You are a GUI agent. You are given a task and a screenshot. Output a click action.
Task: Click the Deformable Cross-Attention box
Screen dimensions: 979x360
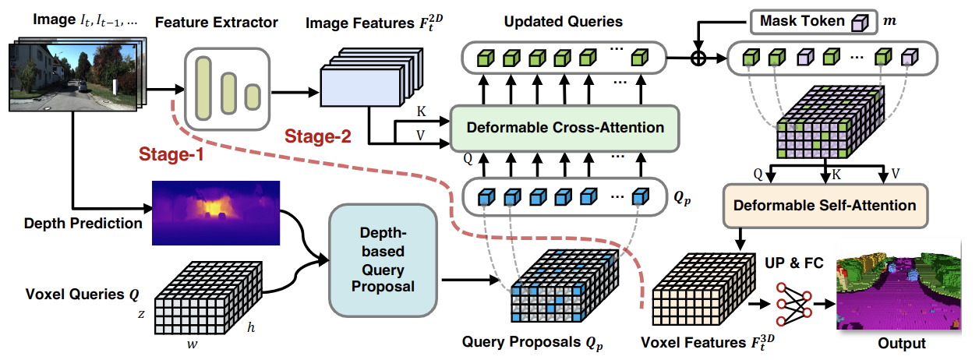[x=564, y=128]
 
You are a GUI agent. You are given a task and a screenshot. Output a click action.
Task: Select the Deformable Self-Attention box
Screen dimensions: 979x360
[x=825, y=206]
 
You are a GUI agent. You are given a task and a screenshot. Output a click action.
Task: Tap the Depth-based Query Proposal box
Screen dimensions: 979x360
[x=383, y=260]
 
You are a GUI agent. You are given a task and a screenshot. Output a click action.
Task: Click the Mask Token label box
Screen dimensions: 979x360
[x=814, y=21]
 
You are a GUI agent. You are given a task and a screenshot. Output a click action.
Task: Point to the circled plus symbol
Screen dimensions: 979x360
[x=698, y=58]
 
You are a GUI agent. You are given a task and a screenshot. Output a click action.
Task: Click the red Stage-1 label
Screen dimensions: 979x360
[x=171, y=154]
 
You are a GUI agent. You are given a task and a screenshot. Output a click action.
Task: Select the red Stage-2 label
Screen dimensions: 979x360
[x=318, y=136]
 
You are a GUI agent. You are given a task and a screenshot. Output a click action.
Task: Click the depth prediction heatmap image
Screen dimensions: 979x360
[x=216, y=213]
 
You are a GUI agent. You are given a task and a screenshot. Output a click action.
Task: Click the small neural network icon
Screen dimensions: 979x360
[x=793, y=304]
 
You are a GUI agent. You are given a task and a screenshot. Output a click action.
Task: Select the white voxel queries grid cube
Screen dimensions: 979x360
[x=208, y=298]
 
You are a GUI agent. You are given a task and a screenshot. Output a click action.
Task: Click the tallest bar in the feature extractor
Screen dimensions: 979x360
[x=203, y=89]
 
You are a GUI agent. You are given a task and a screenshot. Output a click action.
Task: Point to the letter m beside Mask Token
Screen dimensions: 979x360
[x=890, y=20]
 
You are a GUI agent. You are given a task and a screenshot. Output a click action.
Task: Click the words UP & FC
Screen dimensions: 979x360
[x=793, y=263]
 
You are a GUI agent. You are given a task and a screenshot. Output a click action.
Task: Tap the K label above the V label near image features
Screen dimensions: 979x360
[x=421, y=112]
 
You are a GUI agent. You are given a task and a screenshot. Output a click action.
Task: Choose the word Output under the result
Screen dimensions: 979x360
[x=902, y=344]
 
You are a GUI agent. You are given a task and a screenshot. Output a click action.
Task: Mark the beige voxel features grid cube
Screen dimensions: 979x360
[x=704, y=289]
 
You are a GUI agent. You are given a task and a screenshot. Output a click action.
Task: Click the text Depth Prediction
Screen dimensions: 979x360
[x=83, y=224]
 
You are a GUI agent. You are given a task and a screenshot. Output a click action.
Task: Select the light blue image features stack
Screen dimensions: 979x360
[x=372, y=77]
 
